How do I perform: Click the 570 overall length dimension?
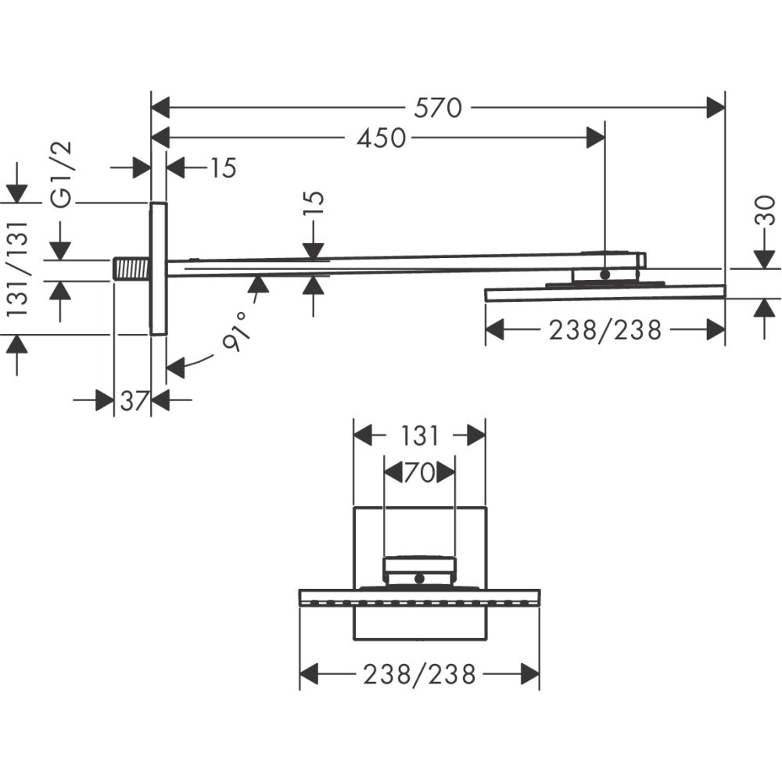pyautogui.click(x=438, y=108)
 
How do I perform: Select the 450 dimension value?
pyautogui.click(x=381, y=138)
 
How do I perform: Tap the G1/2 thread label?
pyautogui.click(x=62, y=174)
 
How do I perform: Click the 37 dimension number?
pyautogui.click(x=134, y=401)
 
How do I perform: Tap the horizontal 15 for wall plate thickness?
pyautogui.click(x=222, y=168)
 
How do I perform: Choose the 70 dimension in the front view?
pyautogui.click(x=419, y=472)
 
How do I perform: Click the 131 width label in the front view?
pyautogui.click(x=420, y=436)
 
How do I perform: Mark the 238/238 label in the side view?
pyautogui.click(x=604, y=330)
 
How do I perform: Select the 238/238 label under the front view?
pyautogui.click(x=419, y=673)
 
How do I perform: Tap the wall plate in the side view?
pyautogui.click(x=158, y=268)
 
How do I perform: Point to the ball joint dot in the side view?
pyautogui.click(x=604, y=274)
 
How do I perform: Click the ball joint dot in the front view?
pyautogui.click(x=420, y=579)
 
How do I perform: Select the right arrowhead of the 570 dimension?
pyautogui.click(x=716, y=108)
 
